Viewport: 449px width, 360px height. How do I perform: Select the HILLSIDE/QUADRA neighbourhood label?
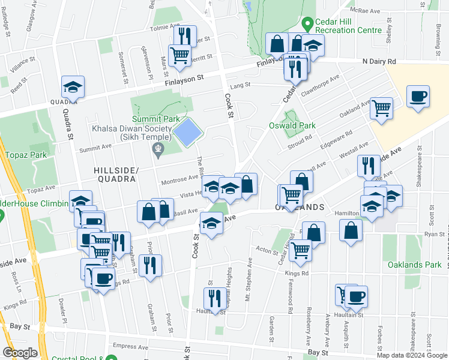tap(116, 175)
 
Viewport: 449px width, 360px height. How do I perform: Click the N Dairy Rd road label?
tap(379, 61)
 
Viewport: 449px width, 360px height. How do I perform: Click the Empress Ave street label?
tap(129, 346)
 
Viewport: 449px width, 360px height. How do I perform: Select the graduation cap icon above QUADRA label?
tap(73, 87)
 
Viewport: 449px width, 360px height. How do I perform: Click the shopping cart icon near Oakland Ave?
tap(381, 109)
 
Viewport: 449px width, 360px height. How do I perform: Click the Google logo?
tap(20, 353)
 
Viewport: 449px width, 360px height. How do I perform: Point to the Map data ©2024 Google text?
tap(411, 355)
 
